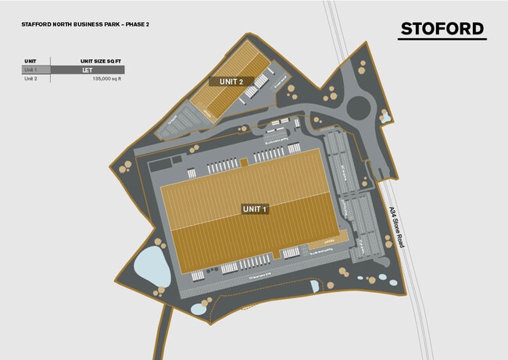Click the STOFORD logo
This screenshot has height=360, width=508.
[x=442, y=29]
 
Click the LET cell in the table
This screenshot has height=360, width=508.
[x=88, y=70]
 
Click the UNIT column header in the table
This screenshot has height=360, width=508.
[x=31, y=60]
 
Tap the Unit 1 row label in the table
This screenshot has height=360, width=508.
[x=31, y=70]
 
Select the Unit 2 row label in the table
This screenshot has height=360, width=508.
[x=31, y=79]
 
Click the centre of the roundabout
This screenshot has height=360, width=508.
[x=362, y=103]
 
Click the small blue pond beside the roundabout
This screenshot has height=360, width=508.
[x=385, y=117]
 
